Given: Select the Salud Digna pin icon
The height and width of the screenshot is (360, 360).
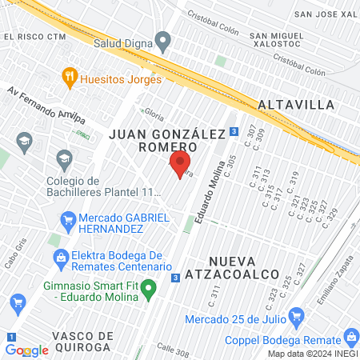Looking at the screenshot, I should pos(163,39).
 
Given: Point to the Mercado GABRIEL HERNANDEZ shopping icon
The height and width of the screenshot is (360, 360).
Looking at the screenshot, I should pos(69,218).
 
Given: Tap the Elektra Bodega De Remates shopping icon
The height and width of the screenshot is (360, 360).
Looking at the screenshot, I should pos(59,258).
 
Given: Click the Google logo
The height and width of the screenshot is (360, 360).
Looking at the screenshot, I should pos(26,350).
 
